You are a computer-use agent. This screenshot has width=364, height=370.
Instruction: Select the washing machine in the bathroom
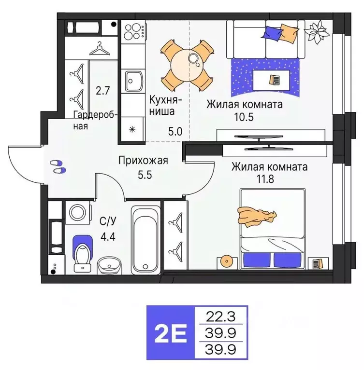click(x=78, y=212)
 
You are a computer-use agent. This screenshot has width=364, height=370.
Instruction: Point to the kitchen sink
click(x=134, y=81)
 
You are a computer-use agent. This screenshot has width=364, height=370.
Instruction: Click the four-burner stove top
click(x=133, y=31)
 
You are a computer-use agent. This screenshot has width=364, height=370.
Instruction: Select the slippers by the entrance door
click(x=58, y=166)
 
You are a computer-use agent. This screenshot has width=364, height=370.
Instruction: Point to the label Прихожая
click(x=143, y=161)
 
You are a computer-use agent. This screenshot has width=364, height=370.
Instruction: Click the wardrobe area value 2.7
click(x=102, y=90)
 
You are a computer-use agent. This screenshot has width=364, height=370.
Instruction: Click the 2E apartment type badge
click(x=172, y=332)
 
